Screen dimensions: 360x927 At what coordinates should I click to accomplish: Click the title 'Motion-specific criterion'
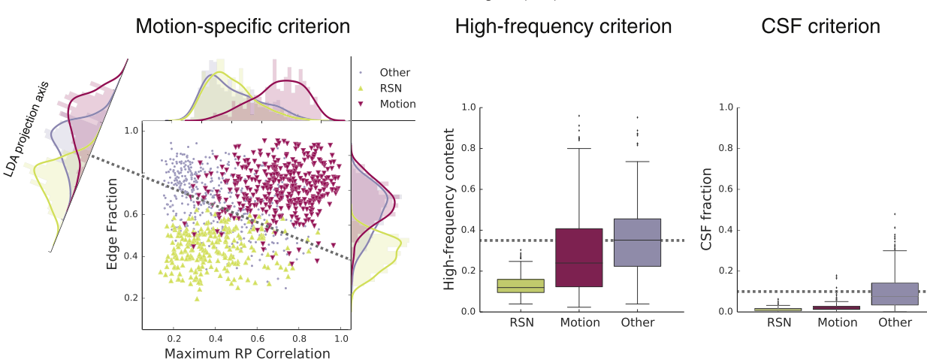point(242,27)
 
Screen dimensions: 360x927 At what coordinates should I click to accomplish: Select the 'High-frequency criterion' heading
point(563,27)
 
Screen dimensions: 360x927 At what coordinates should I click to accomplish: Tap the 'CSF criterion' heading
point(820,27)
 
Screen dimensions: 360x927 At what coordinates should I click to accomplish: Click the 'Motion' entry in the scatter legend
point(397,104)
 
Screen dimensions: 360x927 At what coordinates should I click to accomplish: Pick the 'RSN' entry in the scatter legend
point(391,89)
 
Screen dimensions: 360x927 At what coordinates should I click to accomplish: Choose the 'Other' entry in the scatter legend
point(394,73)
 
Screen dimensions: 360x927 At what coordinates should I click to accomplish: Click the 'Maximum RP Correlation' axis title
point(246,352)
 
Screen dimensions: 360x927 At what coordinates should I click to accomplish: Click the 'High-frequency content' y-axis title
point(450,209)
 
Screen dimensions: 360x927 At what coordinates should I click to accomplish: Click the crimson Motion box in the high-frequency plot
point(578,258)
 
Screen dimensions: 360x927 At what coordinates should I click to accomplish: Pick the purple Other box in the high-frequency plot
point(637,243)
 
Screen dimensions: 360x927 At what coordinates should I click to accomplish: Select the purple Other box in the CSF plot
point(895,294)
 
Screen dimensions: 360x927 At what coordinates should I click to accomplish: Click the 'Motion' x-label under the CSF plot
point(836,322)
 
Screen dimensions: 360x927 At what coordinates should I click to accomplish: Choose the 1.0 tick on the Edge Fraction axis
point(131,131)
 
